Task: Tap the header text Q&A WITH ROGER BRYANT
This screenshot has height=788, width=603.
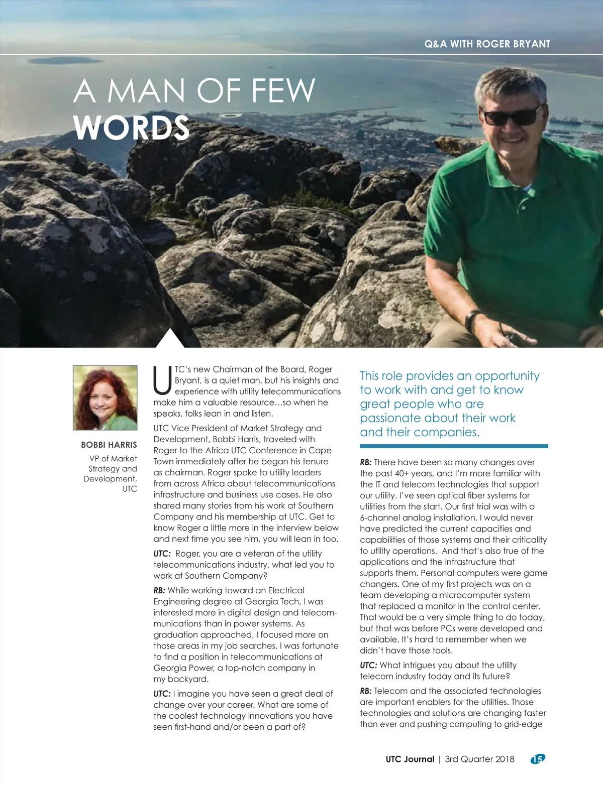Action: [487, 44]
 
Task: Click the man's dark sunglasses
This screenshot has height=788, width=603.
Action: [513, 116]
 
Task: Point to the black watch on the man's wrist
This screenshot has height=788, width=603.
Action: [471, 320]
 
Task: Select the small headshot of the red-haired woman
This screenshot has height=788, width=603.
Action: [105, 398]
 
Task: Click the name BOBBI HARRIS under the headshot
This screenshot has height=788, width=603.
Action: [109, 445]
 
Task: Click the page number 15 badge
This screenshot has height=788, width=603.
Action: [537, 759]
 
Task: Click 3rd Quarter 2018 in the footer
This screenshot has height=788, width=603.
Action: [479, 759]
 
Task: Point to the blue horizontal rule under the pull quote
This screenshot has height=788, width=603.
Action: [453, 446]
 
